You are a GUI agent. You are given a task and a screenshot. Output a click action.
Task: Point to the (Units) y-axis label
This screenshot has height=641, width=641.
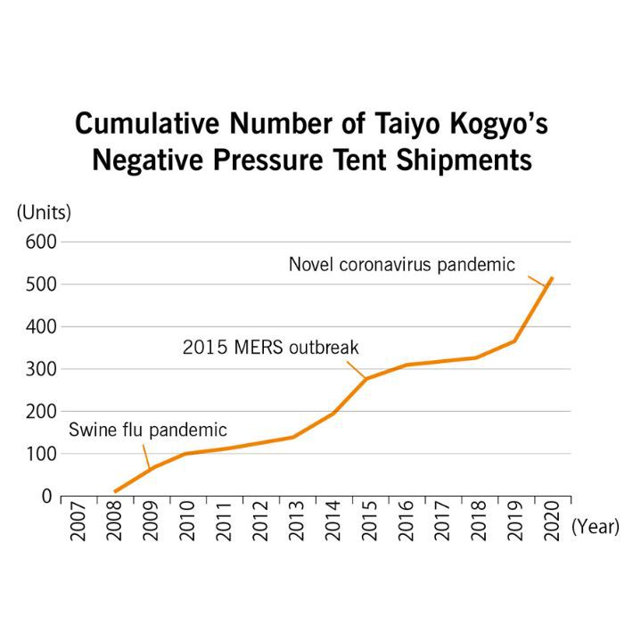point(44,212)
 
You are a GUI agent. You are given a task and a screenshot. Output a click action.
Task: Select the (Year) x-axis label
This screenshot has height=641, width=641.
point(595,527)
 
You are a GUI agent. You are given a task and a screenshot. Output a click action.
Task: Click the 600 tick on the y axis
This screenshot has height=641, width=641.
point(41,242)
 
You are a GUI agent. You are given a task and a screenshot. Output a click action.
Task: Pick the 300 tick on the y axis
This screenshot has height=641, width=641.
point(41,369)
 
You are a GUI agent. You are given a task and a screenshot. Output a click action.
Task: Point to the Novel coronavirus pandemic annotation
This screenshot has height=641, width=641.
point(401,265)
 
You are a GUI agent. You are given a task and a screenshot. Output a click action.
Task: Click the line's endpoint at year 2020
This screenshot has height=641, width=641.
point(553,278)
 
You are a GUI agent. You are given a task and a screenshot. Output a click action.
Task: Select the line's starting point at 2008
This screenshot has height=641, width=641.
point(115,491)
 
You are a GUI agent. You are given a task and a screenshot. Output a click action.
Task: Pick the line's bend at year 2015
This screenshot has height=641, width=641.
point(366,379)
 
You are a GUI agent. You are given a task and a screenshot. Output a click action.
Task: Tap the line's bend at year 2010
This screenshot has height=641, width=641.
point(185,454)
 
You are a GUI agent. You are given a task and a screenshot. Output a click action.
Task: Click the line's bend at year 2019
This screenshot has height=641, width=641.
point(514,341)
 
